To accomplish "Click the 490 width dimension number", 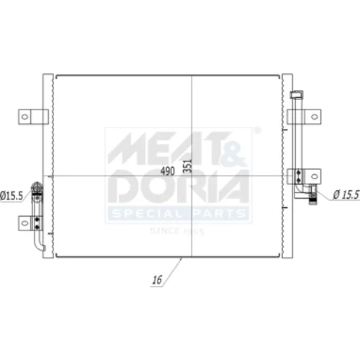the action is (x=168, y=171).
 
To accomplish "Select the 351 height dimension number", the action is (x=187, y=165).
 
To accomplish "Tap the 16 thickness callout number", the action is (x=157, y=279).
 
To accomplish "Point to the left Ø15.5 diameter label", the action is (x=12, y=196).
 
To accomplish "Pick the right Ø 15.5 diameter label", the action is (x=346, y=194).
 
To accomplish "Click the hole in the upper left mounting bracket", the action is (x=24, y=117).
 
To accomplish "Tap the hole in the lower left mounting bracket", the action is (x=24, y=223).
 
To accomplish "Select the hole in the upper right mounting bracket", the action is (x=315, y=117).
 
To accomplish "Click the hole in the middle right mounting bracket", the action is (x=315, y=176).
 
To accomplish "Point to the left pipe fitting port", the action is (x=37, y=187).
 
